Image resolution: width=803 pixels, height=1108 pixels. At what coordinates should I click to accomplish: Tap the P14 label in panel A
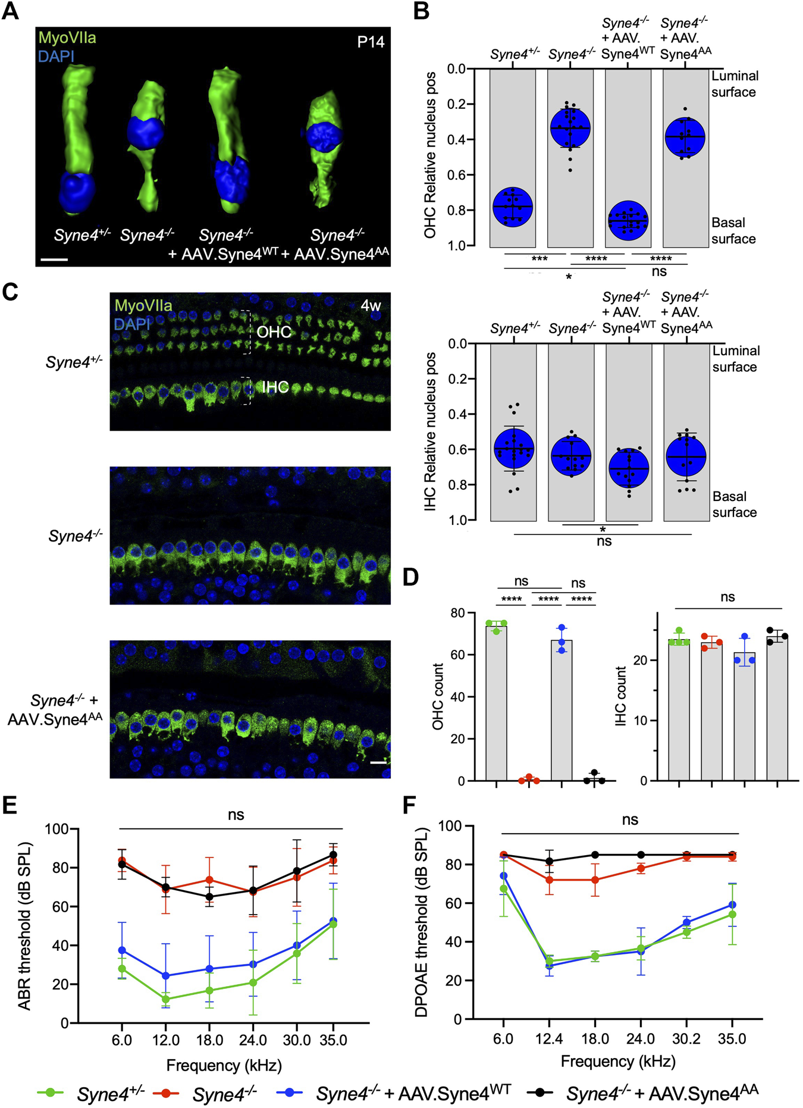click(370, 42)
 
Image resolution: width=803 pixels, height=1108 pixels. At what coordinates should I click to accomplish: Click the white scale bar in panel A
click(55, 259)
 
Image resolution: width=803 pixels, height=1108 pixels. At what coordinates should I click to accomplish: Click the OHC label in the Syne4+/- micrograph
click(274, 331)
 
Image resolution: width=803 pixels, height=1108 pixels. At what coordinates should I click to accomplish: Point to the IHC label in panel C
click(275, 387)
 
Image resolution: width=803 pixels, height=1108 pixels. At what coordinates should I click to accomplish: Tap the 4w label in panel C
click(371, 305)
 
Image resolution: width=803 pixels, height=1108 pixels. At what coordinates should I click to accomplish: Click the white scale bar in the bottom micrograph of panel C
click(378, 762)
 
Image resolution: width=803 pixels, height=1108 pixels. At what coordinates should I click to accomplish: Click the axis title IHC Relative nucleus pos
click(431, 431)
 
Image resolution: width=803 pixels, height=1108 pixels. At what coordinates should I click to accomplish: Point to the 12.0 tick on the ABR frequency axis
click(165, 1040)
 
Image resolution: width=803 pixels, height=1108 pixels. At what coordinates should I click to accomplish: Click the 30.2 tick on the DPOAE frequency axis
click(686, 1038)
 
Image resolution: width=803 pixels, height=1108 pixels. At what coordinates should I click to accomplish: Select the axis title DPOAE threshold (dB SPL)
click(422, 922)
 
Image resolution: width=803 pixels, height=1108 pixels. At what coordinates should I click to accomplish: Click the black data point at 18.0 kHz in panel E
click(209, 897)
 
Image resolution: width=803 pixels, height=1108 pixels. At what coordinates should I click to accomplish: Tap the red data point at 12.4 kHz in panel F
click(549, 879)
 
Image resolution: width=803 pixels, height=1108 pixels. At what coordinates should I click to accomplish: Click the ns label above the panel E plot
click(236, 815)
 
